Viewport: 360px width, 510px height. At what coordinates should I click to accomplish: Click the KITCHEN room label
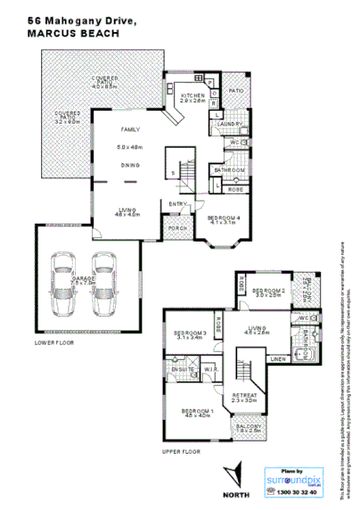pos(193,95)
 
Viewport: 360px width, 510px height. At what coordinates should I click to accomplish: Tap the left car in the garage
pos(64,283)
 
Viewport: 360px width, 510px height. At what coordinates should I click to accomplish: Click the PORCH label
pos(177,228)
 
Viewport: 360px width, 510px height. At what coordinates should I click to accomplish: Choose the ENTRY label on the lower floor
pos(177,204)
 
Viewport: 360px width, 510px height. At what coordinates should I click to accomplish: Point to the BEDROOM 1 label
pos(196,409)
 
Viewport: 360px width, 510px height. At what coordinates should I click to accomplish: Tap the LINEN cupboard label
pos(277,359)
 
